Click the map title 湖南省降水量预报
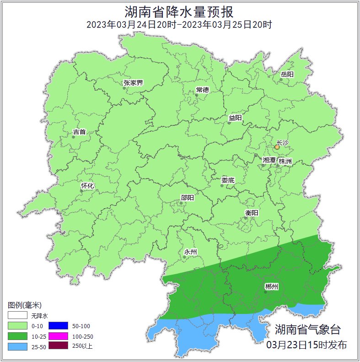point(180,11)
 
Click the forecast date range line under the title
point(180,24)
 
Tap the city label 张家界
point(133,83)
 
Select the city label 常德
point(202,90)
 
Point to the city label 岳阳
point(287,74)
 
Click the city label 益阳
point(235,118)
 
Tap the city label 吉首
point(79,132)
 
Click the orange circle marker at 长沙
point(277,147)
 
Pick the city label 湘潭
point(269,160)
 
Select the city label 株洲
point(285,161)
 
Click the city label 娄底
point(228,180)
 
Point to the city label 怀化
point(87,186)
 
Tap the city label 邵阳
point(187,198)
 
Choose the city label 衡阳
point(252,213)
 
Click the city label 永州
point(190,252)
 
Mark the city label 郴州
point(271,286)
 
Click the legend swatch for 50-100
point(59,326)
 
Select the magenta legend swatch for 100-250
point(59,336)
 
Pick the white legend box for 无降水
point(17,315)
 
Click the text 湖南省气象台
point(307,329)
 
